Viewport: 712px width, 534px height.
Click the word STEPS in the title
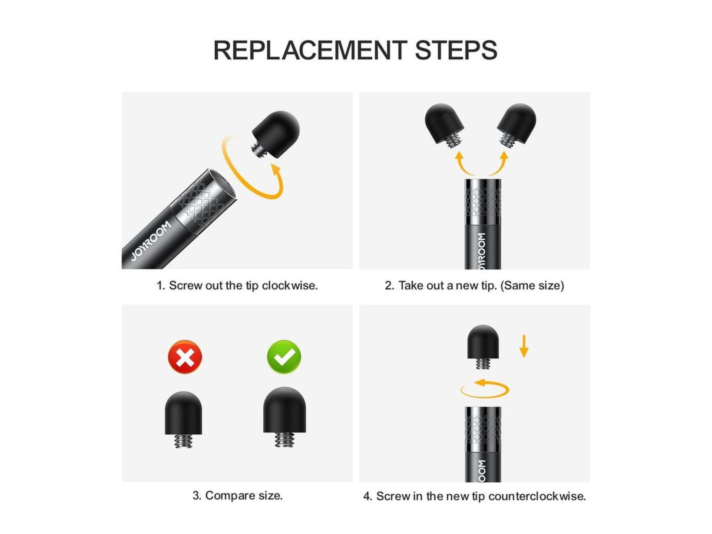click(456, 50)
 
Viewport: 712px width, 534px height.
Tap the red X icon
click(185, 357)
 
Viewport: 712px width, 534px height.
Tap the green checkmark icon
click(284, 357)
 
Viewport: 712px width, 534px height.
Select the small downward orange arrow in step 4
click(524, 346)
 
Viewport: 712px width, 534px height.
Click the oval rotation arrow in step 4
click(485, 388)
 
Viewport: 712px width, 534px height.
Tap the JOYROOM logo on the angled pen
click(151, 241)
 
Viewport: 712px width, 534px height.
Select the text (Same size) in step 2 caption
click(532, 286)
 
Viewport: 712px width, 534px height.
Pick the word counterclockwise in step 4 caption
click(537, 496)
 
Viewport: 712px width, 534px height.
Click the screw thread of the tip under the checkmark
click(284, 440)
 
